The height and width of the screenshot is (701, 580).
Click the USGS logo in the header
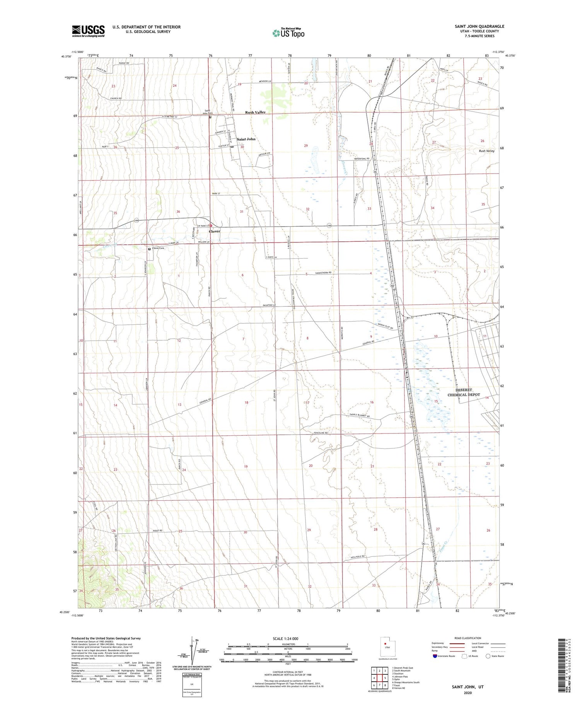pos(88,31)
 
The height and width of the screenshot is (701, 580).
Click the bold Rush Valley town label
pos(255,113)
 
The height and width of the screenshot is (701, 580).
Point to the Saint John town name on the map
pos(246,139)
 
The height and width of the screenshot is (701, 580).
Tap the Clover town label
pos(215,231)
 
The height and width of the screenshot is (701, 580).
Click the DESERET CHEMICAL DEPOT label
pos(464,392)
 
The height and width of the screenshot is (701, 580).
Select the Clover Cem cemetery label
pos(158,248)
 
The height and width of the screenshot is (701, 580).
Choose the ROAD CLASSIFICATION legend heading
pos(467,638)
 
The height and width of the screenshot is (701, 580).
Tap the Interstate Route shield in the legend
pos(435,656)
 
